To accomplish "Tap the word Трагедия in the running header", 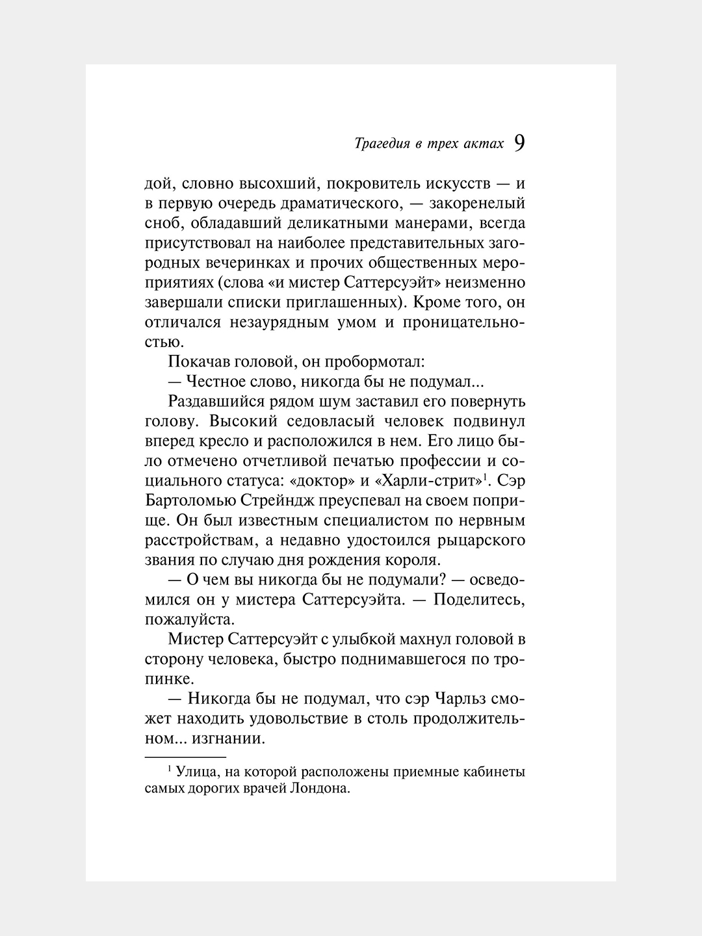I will coord(380,144).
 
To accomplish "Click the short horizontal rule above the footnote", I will coord(185,758).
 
